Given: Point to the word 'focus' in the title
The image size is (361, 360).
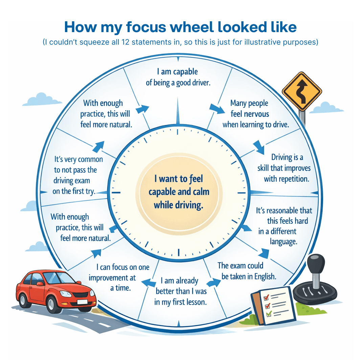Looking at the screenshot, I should tap(140, 27).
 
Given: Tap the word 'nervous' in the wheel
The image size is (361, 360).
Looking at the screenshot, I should tap(254, 114).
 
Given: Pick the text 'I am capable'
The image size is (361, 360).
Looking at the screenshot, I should tap(177, 72).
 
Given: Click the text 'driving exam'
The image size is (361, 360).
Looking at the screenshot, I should tap(72, 181).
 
